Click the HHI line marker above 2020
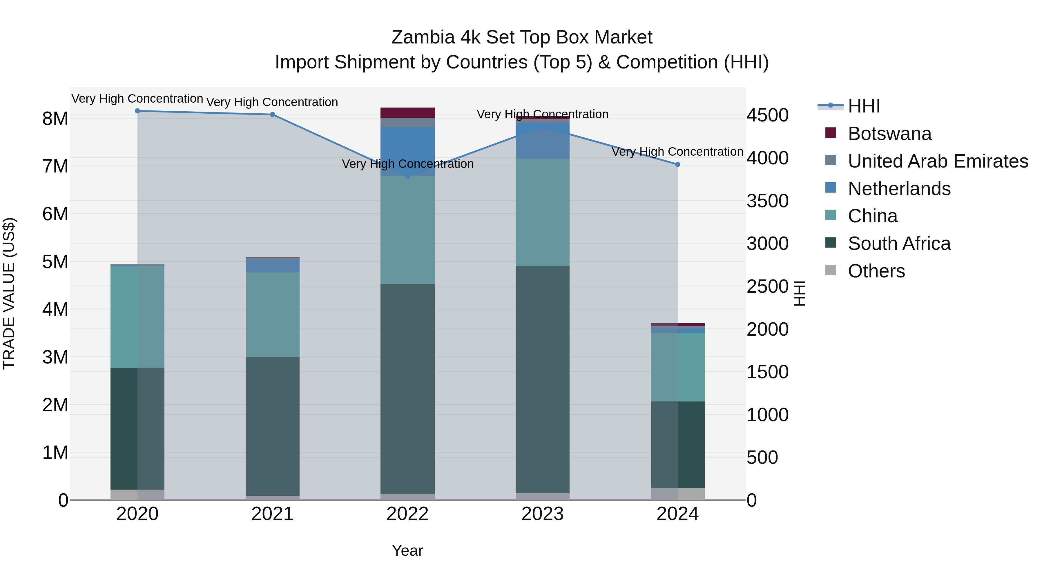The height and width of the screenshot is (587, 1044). (x=137, y=111)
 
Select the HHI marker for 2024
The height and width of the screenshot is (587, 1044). (x=678, y=164)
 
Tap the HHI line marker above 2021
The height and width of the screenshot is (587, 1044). (x=272, y=115)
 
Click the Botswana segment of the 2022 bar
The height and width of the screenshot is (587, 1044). (x=407, y=113)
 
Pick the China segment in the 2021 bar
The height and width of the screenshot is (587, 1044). (x=272, y=315)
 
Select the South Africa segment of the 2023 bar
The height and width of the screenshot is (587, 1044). (x=542, y=379)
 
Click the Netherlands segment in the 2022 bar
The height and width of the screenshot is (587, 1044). (x=407, y=151)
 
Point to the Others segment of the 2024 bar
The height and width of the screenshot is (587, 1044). (x=678, y=494)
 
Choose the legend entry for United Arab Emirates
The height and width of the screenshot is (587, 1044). (x=937, y=161)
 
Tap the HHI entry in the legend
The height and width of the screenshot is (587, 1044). (x=863, y=106)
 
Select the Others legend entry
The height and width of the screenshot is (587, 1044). (x=876, y=271)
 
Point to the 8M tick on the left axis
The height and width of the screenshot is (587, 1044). (x=55, y=119)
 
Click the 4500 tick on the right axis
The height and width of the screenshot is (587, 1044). (x=767, y=115)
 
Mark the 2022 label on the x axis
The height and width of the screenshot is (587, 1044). (x=407, y=514)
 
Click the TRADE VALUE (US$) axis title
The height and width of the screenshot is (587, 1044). (x=9, y=293)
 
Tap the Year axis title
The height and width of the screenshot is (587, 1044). (x=407, y=550)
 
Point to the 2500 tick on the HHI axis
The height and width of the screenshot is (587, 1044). (x=767, y=286)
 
